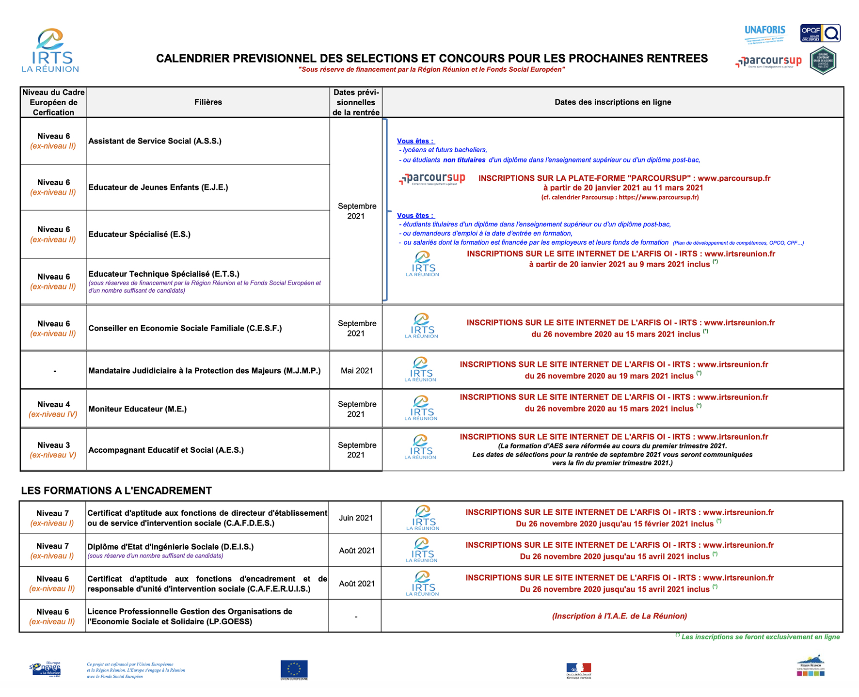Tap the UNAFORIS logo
click(764, 33)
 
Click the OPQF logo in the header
click(820, 33)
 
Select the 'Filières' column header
click(208, 102)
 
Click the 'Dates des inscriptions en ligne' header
click(613, 102)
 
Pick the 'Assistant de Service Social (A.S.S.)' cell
click(155, 141)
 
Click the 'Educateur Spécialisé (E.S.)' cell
click(140, 235)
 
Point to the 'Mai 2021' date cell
click(357, 371)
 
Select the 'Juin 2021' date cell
click(356, 518)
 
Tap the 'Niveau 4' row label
click(53, 405)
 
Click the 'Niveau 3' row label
click(53, 445)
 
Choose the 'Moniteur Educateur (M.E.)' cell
click(138, 409)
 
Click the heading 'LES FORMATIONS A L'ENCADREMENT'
click(116, 491)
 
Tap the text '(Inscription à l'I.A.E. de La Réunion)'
click(619, 616)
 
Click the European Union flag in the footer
click(294, 670)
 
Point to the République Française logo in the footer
click(578, 671)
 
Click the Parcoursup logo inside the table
click(432, 179)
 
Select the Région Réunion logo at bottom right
click(811, 666)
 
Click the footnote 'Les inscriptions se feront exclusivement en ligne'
click(760, 637)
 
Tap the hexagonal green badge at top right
click(823, 61)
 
